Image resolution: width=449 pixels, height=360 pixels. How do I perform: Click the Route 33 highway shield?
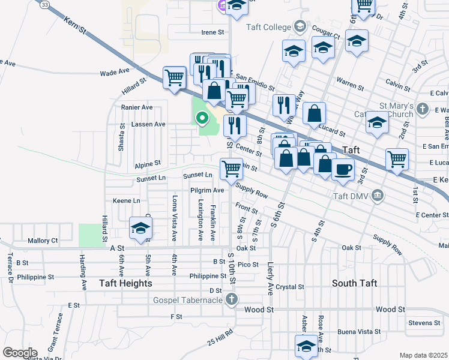pyautogui.click(x=44, y=4)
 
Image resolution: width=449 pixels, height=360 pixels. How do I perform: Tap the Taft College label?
pyautogui.click(x=268, y=26)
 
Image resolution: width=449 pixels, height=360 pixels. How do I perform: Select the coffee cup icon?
pyautogui.click(x=343, y=169)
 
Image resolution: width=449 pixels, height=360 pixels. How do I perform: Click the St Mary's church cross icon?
pyautogui.click(x=423, y=109)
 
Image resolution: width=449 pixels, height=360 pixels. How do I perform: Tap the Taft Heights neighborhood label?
pyautogui.click(x=127, y=283)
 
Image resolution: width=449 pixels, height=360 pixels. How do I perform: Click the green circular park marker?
pyautogui.click(x=202, y=118)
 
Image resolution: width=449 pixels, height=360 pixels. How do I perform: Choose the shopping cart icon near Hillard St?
pyautogui.click(x=175, y=77)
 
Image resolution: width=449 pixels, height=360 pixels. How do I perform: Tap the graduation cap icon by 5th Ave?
pyautogui.click(x=140, y=228)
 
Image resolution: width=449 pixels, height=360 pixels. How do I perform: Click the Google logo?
pyautogui.click(x=20, y=353)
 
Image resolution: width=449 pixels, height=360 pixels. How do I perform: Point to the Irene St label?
pyautogui.click(x=212, y=32)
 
